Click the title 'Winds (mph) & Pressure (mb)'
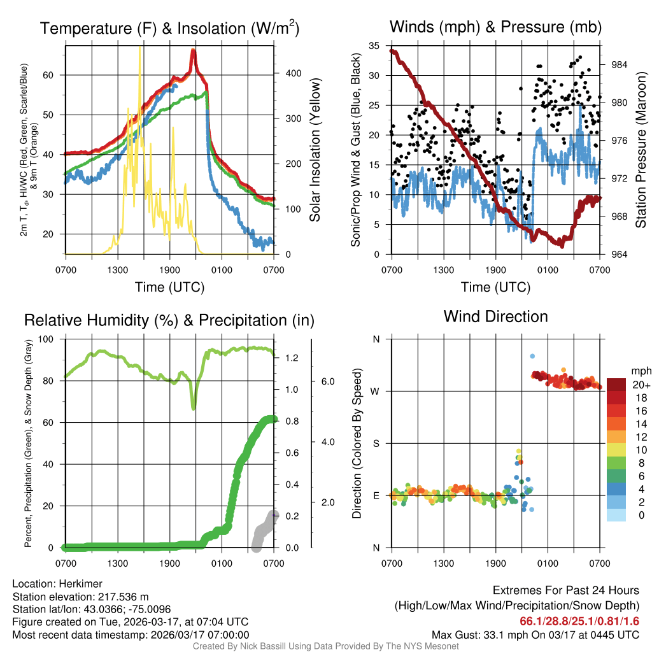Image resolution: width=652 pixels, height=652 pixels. (495, 27)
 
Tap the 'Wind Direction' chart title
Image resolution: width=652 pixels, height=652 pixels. (495, 316)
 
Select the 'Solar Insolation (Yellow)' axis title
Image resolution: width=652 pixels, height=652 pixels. (315, 151)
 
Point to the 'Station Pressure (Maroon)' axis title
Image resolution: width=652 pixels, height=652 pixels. (641, 150)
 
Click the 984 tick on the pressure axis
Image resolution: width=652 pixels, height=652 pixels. (618, 64)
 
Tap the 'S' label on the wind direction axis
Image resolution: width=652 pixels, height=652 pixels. (376, 443)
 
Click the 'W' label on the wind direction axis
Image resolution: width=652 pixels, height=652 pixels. (376, 391)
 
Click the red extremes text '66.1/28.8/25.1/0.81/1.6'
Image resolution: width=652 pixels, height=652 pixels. (579, 621)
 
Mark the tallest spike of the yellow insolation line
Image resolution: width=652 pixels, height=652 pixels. (140, 48)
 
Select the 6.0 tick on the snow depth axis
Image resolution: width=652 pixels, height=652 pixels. (327, 381)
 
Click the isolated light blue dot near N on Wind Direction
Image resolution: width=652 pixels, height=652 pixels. (532, 356)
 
